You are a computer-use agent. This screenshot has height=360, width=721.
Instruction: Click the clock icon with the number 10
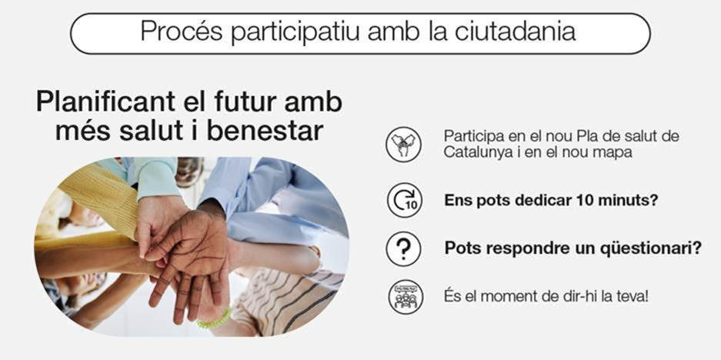[404, 201]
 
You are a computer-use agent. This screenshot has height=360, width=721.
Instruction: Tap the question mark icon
[404, 249]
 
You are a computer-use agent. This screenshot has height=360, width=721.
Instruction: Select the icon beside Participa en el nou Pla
[404, 144]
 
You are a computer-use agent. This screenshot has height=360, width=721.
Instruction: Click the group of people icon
[404, 296]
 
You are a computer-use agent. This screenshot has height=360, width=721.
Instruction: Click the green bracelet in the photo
[214, 318]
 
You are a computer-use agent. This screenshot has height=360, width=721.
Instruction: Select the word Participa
[469, 136]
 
